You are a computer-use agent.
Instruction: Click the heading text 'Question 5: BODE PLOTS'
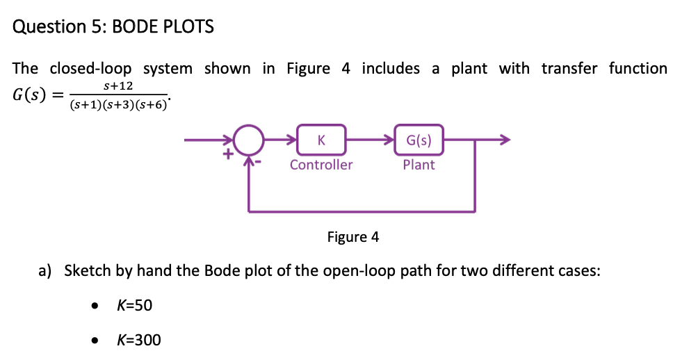pos(113,27)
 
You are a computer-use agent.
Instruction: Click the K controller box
pos(320,140)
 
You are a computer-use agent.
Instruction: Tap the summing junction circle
pos(248,140)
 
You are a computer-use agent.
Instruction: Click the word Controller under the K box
pos(320,165)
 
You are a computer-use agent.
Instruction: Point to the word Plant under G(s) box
pos(419,165)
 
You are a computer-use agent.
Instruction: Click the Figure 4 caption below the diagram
pos(353,237)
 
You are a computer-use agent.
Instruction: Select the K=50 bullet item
pos(134,306)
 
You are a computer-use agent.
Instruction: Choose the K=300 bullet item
pos(138,340)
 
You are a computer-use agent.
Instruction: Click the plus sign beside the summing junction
pos(226,156)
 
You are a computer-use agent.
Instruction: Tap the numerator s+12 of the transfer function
pos(117,86)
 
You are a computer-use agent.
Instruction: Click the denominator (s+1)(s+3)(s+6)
pos(118,105)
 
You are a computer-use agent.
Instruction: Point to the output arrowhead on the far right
pos(505,140)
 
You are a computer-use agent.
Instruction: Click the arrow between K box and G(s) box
pos(368,140)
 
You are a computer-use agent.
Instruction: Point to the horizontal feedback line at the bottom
pos(362,210)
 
